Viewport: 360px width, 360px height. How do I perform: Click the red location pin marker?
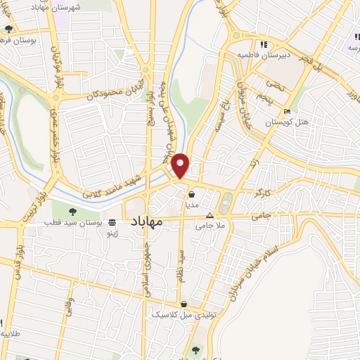tap(181, 166)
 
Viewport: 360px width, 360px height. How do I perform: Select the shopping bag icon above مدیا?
tap(191, 195)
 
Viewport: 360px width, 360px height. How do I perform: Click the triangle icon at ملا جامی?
tap(209, 216)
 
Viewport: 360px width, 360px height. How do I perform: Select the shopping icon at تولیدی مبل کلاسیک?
tap(184, 304)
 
